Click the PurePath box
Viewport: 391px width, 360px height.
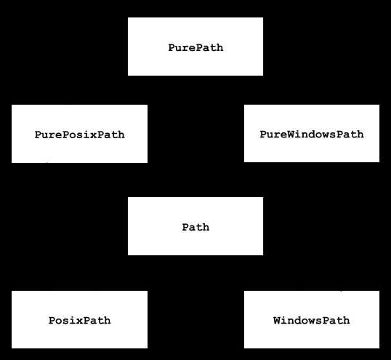(x=195, y=47)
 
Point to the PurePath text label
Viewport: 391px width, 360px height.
(x=195, y=48)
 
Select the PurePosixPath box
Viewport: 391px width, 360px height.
(x=79, y=134)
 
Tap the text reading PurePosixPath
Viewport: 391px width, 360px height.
(x=79, y=135)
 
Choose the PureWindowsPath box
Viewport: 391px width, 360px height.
(x=312, y=134)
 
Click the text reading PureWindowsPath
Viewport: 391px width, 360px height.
(x=312, y=135)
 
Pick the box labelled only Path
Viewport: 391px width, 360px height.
(x=195, y=226)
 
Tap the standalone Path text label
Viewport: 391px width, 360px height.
(x=195, y=228)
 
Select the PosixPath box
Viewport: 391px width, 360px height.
(x=79, y=319)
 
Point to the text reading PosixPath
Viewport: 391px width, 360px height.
(x=79, y=320)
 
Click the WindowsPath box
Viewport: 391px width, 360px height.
(x=312, y=319)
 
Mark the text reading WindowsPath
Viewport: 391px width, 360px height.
(x=312, y=320)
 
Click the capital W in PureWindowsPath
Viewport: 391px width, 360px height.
(x=291, y=135)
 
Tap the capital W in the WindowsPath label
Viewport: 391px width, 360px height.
(x=277, y=320)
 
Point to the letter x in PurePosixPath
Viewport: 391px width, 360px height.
(x=93, y=135)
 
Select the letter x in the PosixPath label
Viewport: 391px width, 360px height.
(x=79, y=321)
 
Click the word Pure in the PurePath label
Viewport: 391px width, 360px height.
(x=182, y=48)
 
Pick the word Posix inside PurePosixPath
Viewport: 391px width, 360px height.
(x=79, y=135)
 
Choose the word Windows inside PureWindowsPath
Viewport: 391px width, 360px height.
(x=312, y=135)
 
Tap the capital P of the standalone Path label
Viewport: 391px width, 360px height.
(x=185, y=228)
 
